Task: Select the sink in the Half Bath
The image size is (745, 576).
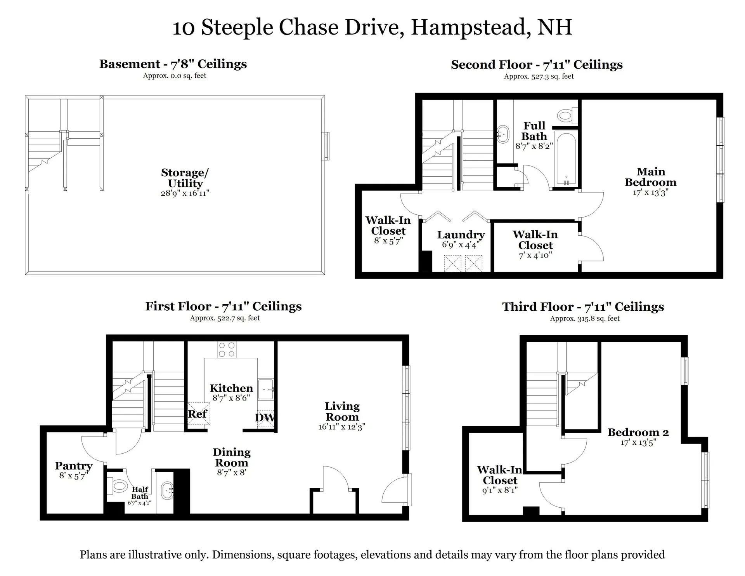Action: pos(168,492)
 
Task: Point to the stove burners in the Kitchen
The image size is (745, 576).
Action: pos(227,350)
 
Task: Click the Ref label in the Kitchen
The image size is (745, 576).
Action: pos(198,414)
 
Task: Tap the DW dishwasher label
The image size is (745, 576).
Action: pos(265,418)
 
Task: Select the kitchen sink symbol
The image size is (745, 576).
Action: pos(266,389)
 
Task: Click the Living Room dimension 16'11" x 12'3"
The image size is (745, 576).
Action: pos(342,427)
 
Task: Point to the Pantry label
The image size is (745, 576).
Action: pos(74,466)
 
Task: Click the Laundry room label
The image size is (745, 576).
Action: pos(461,235)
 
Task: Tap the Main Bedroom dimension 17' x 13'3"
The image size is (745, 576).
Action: pos(650,192)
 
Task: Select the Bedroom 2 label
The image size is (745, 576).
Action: pos(638,432)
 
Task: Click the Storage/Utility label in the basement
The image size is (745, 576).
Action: pos(185,178)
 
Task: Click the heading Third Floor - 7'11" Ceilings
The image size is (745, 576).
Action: pos(583,307)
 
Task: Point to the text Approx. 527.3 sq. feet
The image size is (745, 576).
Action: pos(539,77)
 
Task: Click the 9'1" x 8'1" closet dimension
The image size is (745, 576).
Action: pos(500,491)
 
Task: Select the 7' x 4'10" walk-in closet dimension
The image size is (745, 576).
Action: pos(535,256)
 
